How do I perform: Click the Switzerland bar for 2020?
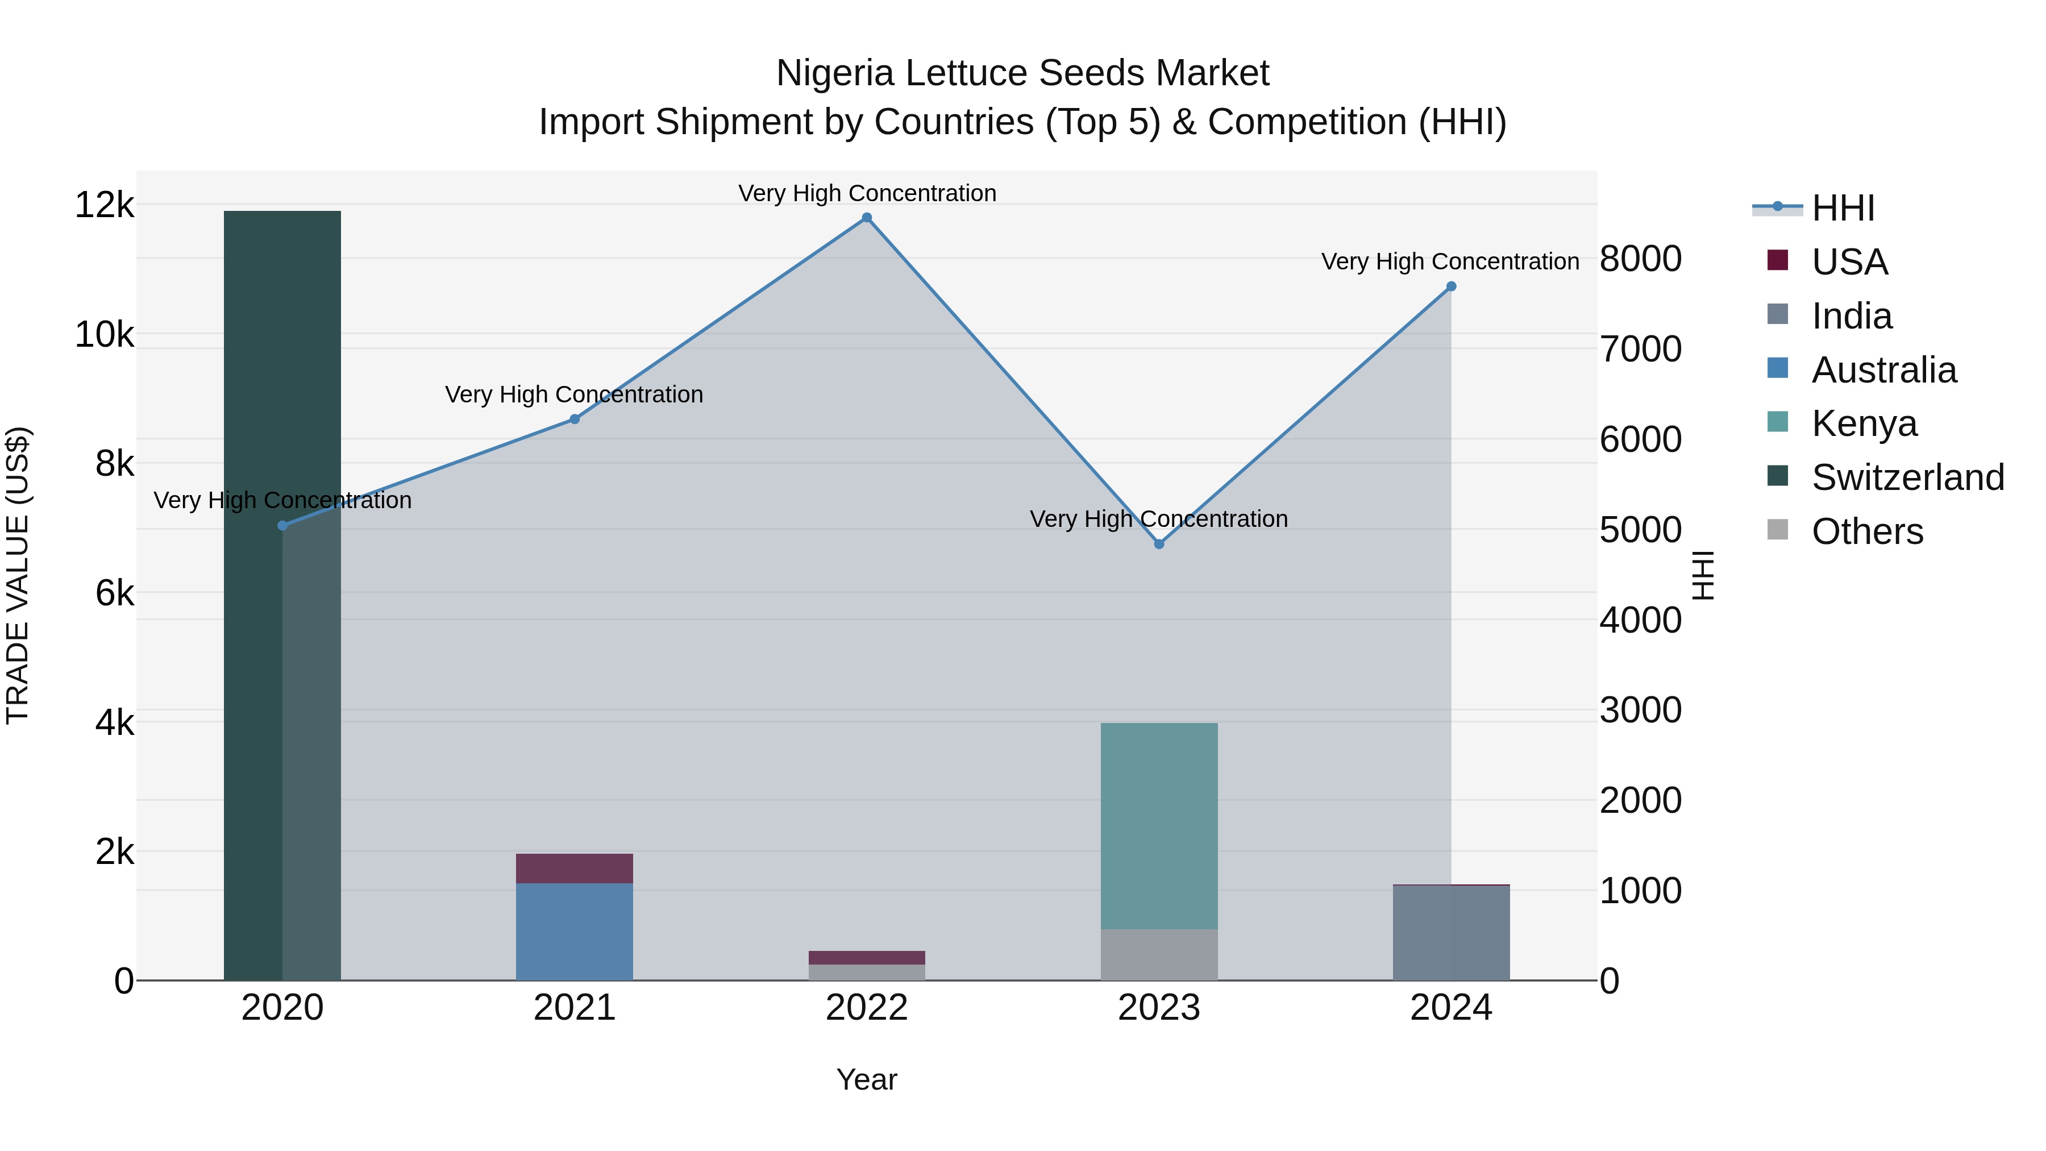(x=282, y=596)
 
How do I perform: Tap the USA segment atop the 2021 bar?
(x=574, y=868)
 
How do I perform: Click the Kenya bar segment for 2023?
(x=1159, y=826)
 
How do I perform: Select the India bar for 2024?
(x=1451, y=933)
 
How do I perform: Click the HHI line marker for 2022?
(x=867, y=218)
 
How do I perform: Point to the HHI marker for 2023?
(x=1159, y=544)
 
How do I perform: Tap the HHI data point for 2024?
(x=1451, y=287)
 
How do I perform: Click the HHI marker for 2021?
(x=574, y=419)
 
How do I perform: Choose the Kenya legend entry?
(x=1864, y=423)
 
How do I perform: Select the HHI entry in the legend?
(x=1843, y=208)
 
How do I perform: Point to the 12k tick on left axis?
(x=104, y=205)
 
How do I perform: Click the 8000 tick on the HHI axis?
(x=1640, y=259)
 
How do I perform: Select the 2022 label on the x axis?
(x=867, y=1008)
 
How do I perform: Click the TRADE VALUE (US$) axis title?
(x=18, y=575)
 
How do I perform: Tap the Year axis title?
(x=867, y=1079)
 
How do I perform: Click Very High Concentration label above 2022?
(x=867, y=193)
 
